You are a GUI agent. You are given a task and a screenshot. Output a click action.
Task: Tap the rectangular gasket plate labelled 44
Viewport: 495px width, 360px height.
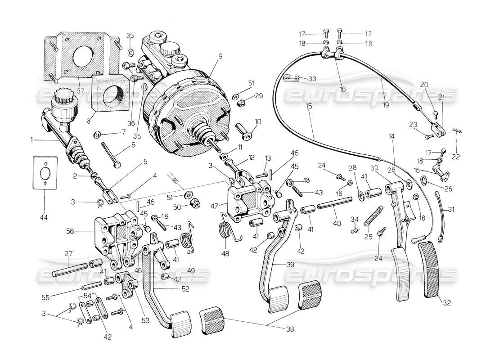[x=45, y=171]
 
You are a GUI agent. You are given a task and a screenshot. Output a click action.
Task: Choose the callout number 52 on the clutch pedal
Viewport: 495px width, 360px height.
[x=185, y=288]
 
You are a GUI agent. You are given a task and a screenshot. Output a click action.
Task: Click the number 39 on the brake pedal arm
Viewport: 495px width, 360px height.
[x=290, y=265]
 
